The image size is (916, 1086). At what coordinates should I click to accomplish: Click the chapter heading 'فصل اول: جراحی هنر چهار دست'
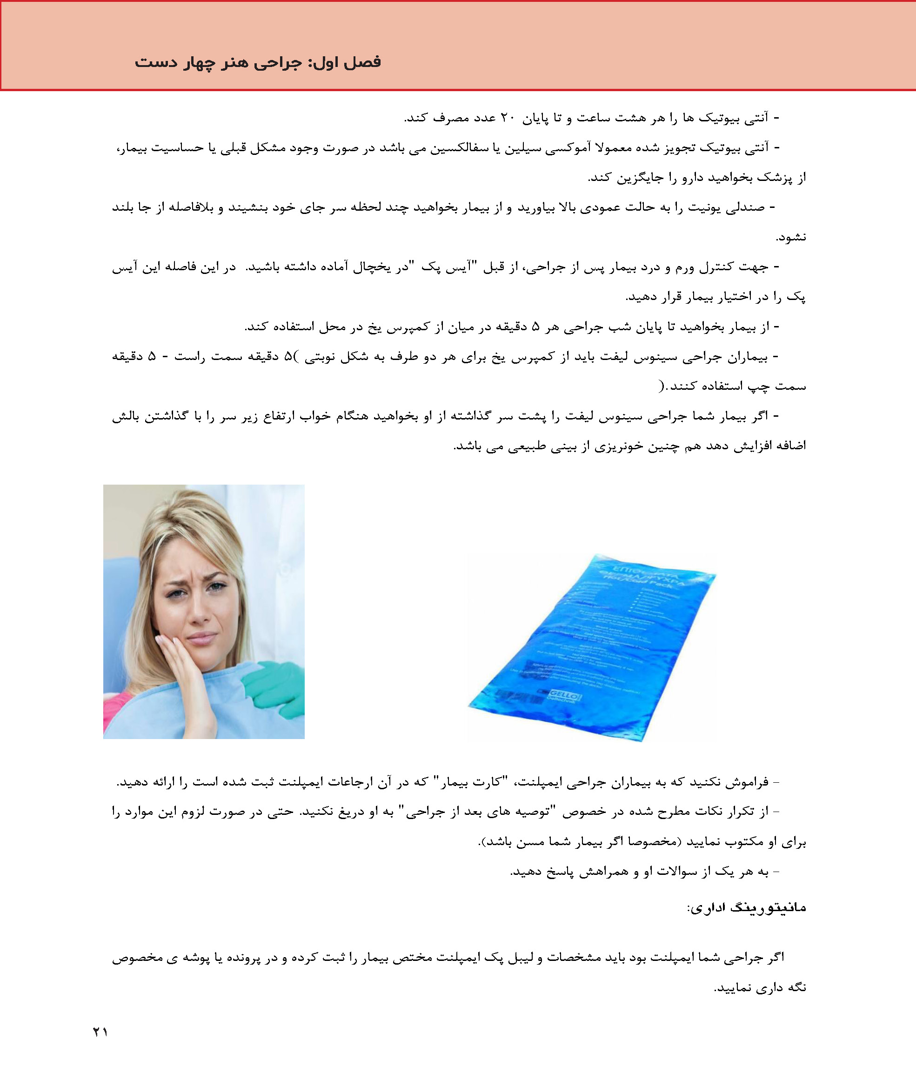click(258, 62)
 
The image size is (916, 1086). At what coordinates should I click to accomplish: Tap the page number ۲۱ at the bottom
click(100, 1032)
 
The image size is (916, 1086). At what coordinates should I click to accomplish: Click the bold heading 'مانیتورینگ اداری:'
click(746, 908)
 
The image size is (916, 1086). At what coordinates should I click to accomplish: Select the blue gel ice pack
click(592, 644)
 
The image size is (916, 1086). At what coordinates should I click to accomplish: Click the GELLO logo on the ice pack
click(566, 694)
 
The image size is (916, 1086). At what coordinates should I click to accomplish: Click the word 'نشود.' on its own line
click(791, 238)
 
